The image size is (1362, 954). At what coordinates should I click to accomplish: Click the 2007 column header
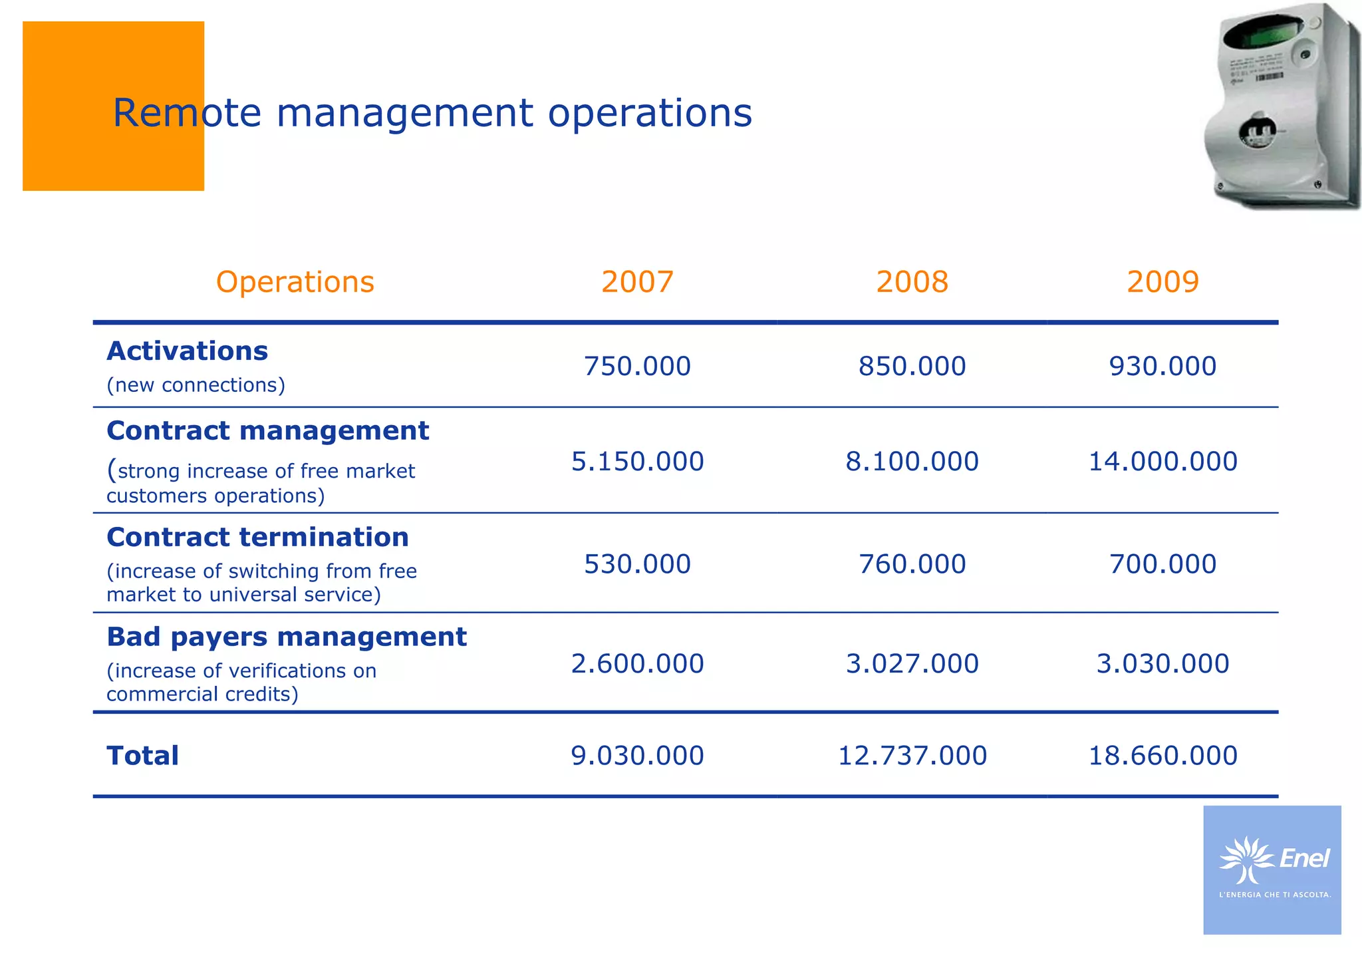[x=637, y=282]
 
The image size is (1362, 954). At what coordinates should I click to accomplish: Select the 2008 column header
[x=912, y=282]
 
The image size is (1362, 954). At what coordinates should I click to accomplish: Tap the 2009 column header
[x=1162, y=282]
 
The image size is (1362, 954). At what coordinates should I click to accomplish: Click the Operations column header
[x=295, y=282]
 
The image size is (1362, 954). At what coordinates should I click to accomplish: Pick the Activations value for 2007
[x=637, y=367]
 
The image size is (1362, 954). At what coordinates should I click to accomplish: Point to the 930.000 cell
[x=1162, y=367]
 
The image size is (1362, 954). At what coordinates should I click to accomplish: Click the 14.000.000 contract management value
[x=1162, y=462]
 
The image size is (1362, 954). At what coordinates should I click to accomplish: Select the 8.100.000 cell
[x=912, y=462]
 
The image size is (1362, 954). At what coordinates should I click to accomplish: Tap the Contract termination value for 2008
[x=912, y=564]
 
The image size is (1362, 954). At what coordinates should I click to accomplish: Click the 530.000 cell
[x=637, y=564]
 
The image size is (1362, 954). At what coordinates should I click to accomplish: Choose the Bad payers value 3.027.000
[x=912, y=664]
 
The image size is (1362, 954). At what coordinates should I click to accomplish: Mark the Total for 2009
[x=1162, y=756]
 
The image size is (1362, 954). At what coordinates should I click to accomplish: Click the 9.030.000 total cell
[x=637, y=756]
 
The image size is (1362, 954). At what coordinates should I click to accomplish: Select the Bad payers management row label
[x=286, y=637]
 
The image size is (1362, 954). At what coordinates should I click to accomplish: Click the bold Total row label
[x=142, y=756]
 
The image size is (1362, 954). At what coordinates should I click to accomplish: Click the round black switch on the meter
[x=1257, y=132]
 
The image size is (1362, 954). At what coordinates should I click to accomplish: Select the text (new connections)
[x=196, y=385]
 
